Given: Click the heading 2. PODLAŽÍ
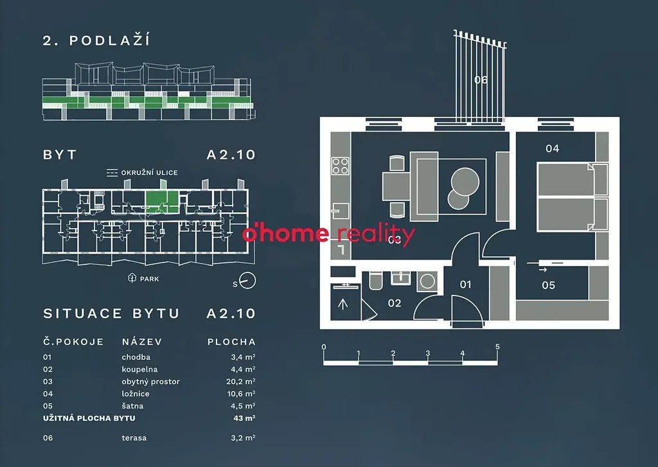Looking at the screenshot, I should [96, 40].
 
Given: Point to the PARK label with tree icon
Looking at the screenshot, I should [144, 279].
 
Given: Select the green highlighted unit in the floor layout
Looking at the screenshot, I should [161, 202].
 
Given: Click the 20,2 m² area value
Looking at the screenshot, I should [244, 382].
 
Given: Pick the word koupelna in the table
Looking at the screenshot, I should [139, 369].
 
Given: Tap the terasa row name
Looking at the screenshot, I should [134, 438].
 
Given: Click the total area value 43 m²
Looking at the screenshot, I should [245, 418].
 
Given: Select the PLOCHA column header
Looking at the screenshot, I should [231, 342].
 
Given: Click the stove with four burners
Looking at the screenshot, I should [340, 166].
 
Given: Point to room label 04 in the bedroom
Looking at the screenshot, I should [552, 148].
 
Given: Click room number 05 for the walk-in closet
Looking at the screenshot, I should [548, 285].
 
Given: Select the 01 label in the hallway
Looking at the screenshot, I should [465, 285].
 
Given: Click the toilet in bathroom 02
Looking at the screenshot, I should [376, 283].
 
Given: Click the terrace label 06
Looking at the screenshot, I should [481, 80].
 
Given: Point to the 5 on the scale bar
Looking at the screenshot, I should [497, 347].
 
